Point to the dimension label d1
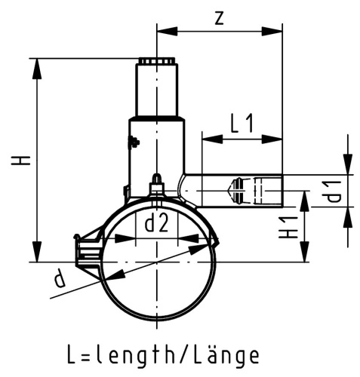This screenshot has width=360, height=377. [x=333, y=192]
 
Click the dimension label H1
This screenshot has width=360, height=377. [x=290, y=225]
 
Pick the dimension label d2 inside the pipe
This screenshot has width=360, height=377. [x=155, y=223]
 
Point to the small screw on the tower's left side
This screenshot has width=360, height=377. [x=134, y=142]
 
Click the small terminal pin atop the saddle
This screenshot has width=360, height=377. [x=156, y=182]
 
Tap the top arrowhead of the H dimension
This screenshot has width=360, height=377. [x=36, y=63]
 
